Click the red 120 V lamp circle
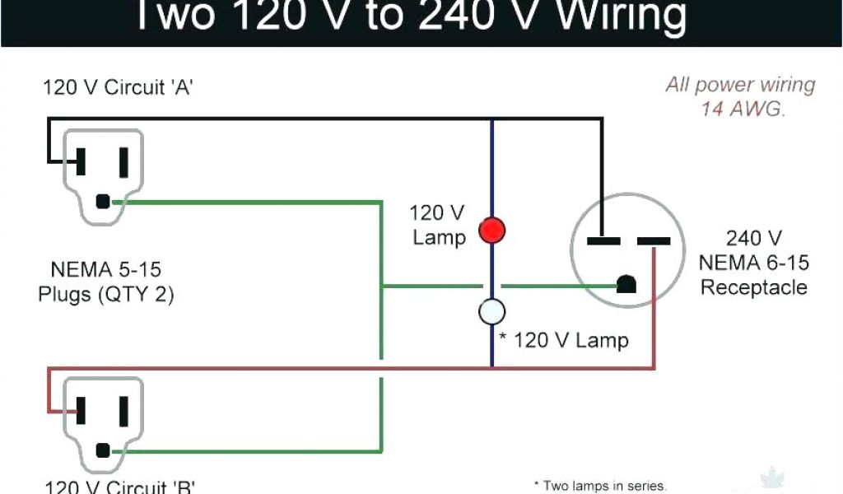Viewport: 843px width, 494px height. coord(492,230)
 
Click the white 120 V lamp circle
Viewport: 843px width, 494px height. coord(492,311)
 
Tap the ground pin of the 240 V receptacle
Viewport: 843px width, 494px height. coord(627,285)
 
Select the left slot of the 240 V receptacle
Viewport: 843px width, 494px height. coord(603,241)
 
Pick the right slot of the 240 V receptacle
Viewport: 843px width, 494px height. coord(654,241)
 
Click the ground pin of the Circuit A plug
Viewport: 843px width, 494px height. coord(103,201)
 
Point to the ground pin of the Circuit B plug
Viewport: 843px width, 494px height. coord(103,450)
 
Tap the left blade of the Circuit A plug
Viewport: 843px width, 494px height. coord(82,161)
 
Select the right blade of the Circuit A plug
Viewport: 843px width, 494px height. coord(124,161)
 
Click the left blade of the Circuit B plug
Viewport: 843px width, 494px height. coord(82,410)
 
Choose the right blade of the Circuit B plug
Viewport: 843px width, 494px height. coord(124,410)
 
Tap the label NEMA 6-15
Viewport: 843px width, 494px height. coord(754,263)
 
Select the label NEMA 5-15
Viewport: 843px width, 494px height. coord(106,270)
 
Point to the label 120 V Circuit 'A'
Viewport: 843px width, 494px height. coord(118,87)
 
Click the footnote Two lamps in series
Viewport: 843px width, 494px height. coord(600,486)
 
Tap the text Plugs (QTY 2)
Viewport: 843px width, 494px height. coord(106,295)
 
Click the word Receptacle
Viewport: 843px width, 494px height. coord(754,287)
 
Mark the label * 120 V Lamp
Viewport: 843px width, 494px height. coord(564,340)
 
